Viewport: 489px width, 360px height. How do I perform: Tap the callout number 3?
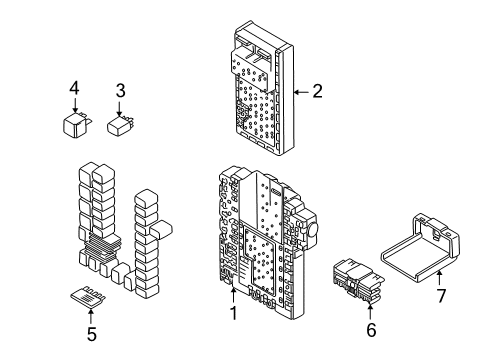point(120,91)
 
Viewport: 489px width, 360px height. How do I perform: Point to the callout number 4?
point(73,90)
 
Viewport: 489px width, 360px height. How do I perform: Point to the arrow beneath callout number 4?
point(73,107)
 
